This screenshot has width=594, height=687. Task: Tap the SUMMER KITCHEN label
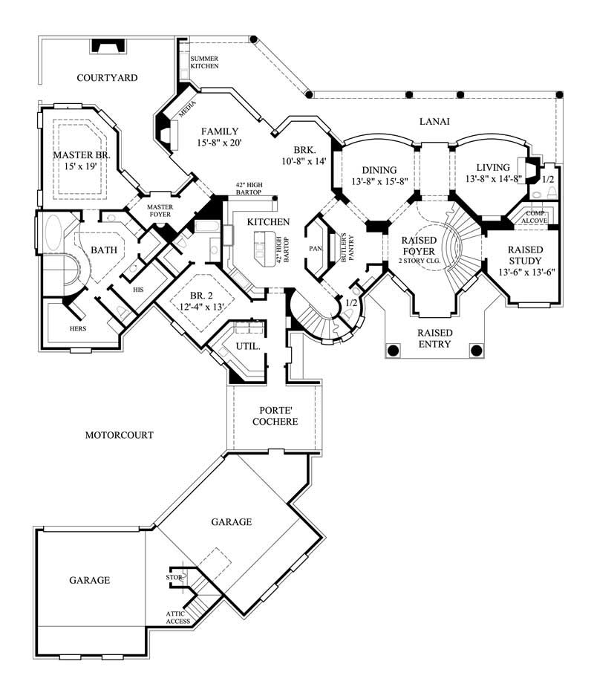tap(204, 62)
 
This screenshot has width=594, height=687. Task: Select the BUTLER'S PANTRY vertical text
tap(344, 247)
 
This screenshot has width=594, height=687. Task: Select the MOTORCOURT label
tap(119, 434)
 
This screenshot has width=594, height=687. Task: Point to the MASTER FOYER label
tap(159, 211)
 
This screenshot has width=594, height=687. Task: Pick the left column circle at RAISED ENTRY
tap(394, 349)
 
